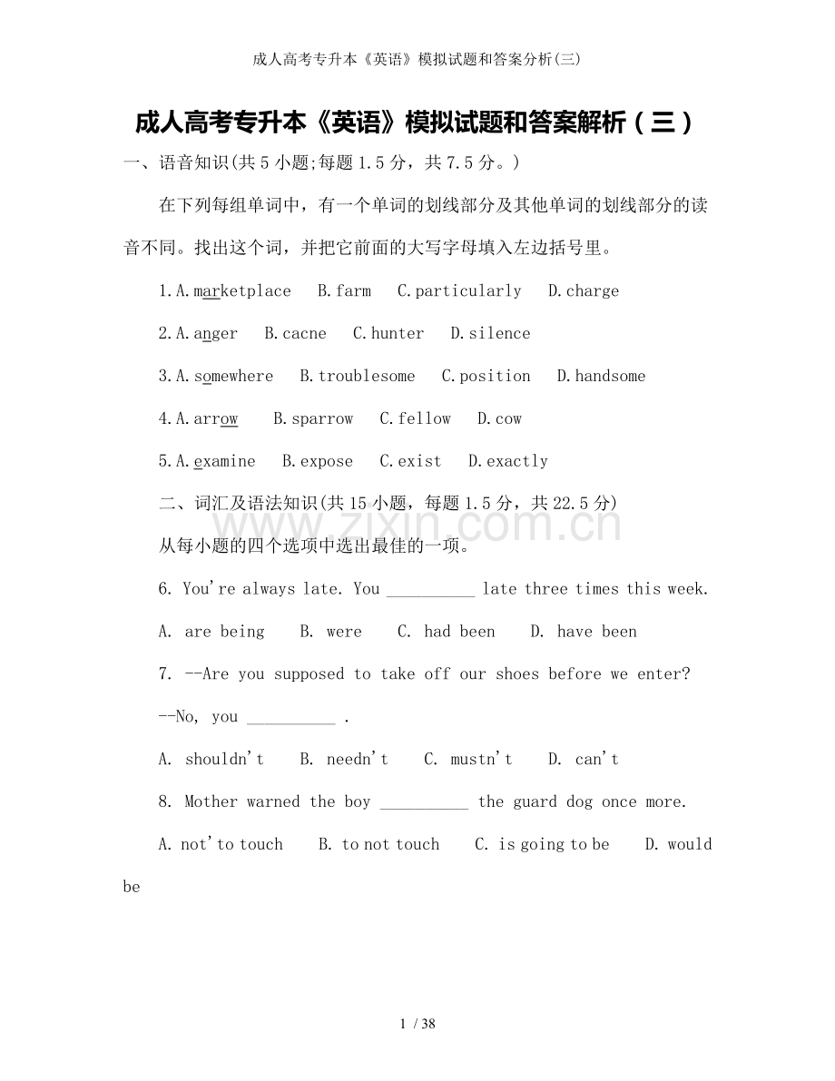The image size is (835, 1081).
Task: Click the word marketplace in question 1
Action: coord(242,291)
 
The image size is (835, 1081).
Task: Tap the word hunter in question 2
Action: coord(398,334)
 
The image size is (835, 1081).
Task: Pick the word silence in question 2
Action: coord(499,334)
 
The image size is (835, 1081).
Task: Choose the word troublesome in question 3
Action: coord(367,377)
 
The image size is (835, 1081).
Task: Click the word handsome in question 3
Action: coord(610,377)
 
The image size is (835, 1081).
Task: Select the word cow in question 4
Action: coord(508,419)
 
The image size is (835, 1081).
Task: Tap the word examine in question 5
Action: coord(225,462)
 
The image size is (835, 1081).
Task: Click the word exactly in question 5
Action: coord(517,462)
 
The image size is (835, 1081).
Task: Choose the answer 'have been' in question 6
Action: coord(596,633)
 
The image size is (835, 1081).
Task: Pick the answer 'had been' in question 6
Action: coord(459,633)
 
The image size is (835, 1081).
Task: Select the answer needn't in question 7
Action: coord(358,760)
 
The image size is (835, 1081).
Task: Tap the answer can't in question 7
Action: coord(596,760)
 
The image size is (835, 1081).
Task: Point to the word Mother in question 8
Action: coord(211,802)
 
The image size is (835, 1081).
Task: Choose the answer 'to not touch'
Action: coord(390,845)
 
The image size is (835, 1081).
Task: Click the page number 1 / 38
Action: coord(417,1025)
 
